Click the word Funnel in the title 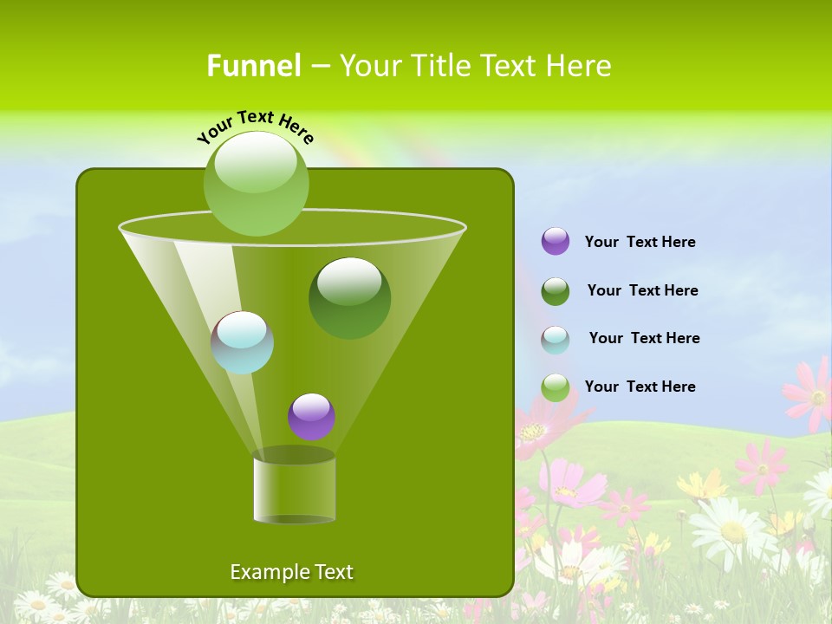tap(254, 65)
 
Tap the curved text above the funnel tap(256, 127)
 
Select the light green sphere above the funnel tap(256, 183)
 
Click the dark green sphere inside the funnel tap(350, 298)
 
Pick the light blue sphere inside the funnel tap(242, 342)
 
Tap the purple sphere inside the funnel tap(311, 417)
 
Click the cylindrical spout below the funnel tap(295, 490)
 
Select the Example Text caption tap(292, 572)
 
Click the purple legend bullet tap(556, 242)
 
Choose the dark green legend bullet tap(556, 291)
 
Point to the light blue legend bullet tap(556, 340)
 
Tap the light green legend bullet tap(556, 387)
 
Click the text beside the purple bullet tap(640, 242)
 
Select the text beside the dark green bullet tap(643, 290)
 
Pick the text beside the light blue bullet tap(645, 338)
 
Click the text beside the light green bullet tap(640, 387)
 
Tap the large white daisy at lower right tap(731, 529)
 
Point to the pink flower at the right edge tap(811, 394)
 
